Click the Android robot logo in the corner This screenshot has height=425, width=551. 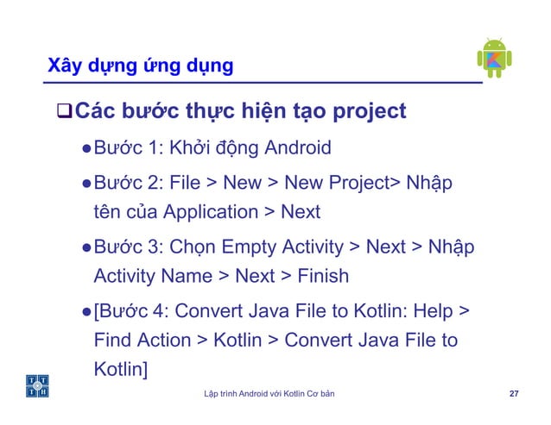[494, 58]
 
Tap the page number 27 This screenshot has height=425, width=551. [514, 394]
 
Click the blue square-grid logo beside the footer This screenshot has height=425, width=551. [37, 387]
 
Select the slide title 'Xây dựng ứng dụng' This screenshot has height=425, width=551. [140, 66]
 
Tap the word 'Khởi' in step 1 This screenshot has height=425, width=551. [197, 147]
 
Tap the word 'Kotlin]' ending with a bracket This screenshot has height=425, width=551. [121, 370]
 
